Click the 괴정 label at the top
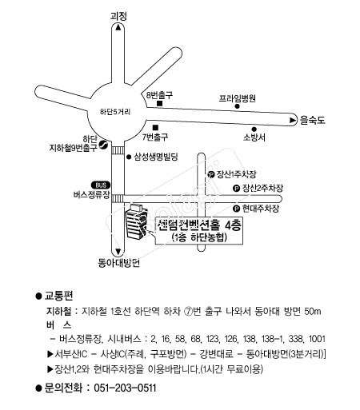pyautogui.click(x=118, y=16)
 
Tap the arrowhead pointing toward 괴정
pyautogui.click(x=118, y=27)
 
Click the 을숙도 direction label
pyautogui.click(x=312, y=120)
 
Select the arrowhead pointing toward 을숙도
pyautogui.click(x=293, y=121)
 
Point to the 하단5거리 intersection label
pyautogui.click(x=115, y=112)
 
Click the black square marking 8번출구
pyautogui.click(x=160, y=104)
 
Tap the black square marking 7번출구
pyautogui.click(x=155, y=128)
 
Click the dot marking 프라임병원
pyautogui.click(x=237, y=106)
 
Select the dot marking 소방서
pyautogui.click(x=254, y=129)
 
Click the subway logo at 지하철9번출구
pyautogui.click(x=102, y=145)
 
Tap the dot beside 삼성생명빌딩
pyautogui.click(x=129, y=157)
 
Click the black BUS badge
pyautogui.click(x=101, y=185)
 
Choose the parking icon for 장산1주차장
pyautogui.click(x=211, y=175)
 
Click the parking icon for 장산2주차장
pyautogui.click(x=237, y=189)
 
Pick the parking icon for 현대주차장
pyautogui.click(x=237, y=209)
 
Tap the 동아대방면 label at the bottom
pyautogui.click(x=118, y=263)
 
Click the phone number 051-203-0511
pyautogui.click(x=125, y=388)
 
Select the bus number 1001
pyautogui.click(x=317, y=339)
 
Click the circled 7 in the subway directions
pyautogui.click(x=189, y=312)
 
